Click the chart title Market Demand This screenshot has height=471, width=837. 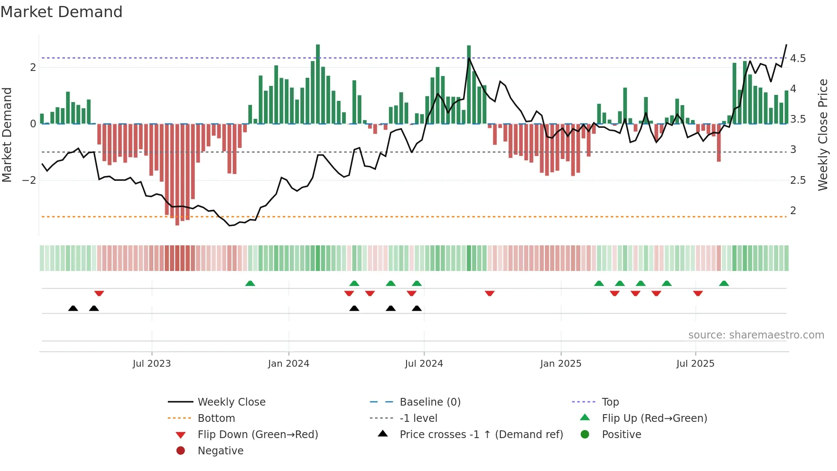coord(61,12)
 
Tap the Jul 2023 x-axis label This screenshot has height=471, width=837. coord(152,364)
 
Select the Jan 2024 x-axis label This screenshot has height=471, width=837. coord(288,364)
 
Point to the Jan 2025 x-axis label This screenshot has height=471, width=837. coord(560,364)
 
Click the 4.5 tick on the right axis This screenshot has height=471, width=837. coord(798,59)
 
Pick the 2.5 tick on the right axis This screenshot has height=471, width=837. coord(798,180)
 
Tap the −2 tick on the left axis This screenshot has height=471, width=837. coord(29,180)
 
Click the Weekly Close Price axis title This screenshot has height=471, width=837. coord(823,135)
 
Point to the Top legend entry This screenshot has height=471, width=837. coord(610,402)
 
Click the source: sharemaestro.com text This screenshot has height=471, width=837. coord(756,335)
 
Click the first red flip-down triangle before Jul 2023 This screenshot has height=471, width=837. coord(99,294)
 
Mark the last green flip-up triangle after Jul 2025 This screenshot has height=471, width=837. coord(724,283)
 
